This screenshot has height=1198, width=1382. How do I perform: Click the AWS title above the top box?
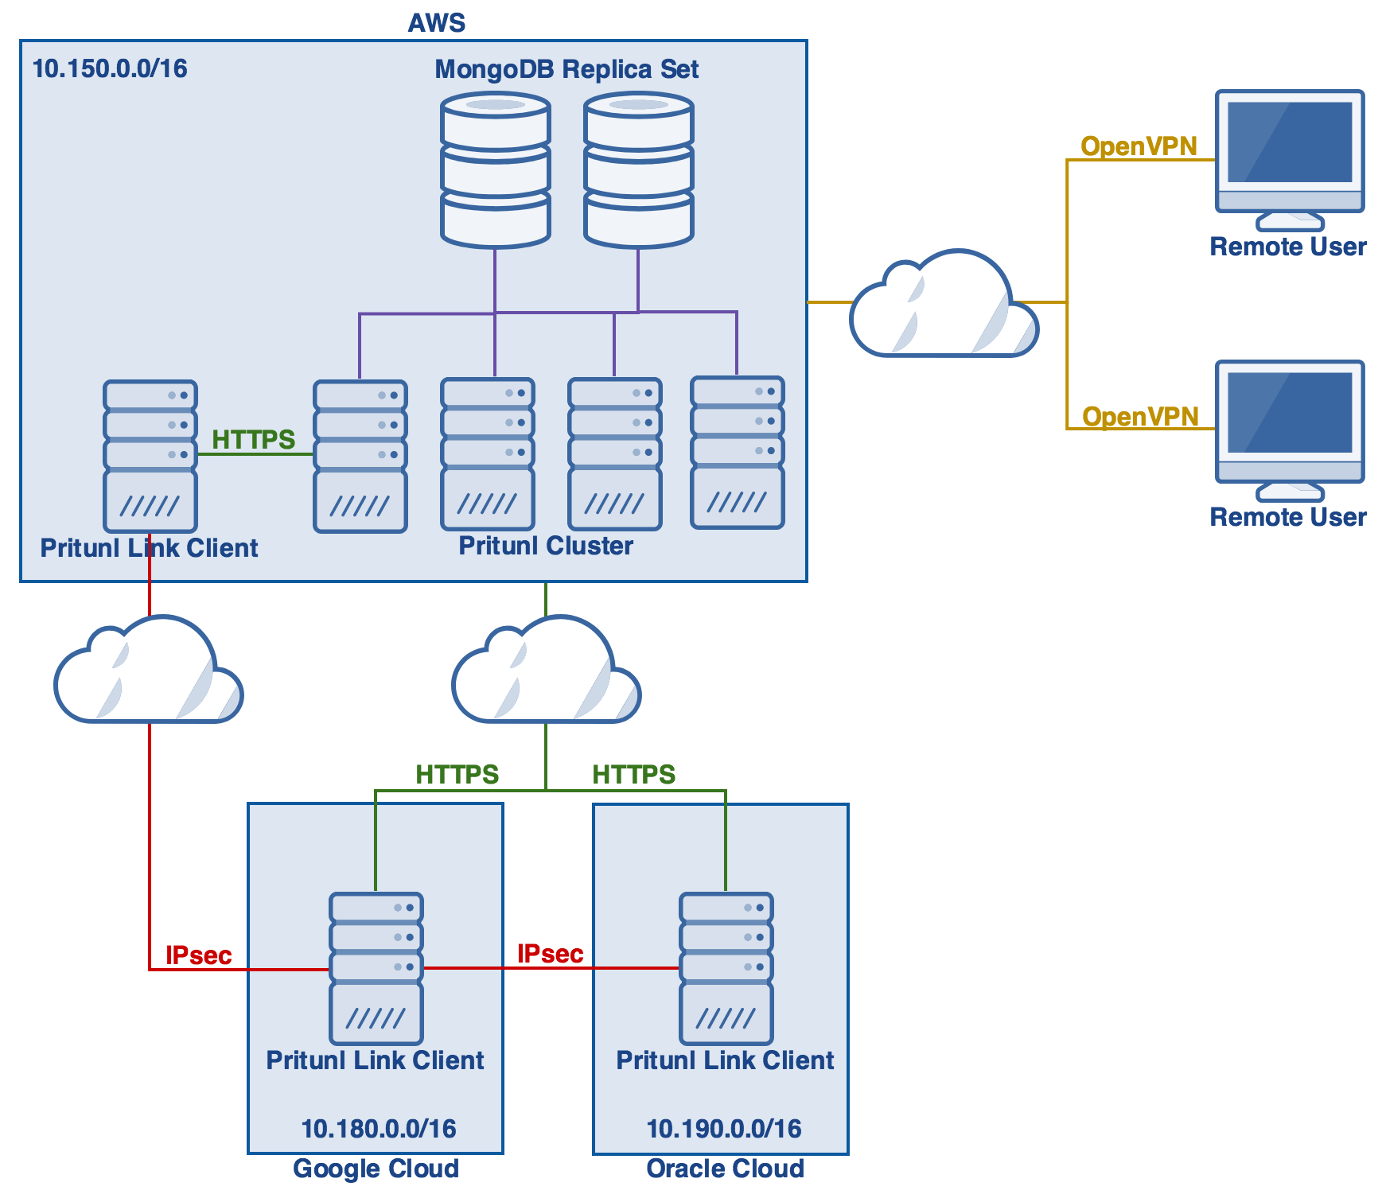pyautogui.click(x=436, y=22)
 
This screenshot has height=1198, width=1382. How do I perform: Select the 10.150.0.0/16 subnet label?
pyautogui.click(x=110, y=68)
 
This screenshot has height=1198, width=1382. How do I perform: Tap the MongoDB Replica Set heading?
pyautogui.click(x=566, y=69)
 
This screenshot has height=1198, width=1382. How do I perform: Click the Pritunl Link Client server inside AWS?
pyautogui.click(x=150, y=456)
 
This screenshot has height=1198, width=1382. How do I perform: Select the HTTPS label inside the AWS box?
pyautogui.click(x=253, y=439)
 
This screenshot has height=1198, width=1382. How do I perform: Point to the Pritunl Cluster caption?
pyautogui.click(x=546, y=546)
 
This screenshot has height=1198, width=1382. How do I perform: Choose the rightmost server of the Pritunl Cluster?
pyautogui.click(x=738, y=453)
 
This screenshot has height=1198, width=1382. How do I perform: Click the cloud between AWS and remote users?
pyautogui.click(x=943, y=306)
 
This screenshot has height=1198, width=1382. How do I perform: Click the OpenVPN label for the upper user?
pyautogui.click(x=1139, y=146)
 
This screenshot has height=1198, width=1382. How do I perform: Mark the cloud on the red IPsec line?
pyautogui.click(x=148, y=672)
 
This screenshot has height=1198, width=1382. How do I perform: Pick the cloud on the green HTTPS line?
pyautogui.click(x=546, y=672)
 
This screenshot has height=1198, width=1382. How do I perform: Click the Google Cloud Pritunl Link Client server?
pyautogui.click(x=376, y=968)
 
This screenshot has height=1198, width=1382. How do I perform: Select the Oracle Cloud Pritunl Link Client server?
pyautogui.click(x=726, y=968)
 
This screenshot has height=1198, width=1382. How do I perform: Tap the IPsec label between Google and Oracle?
pyautogui.click(x=550, y=954)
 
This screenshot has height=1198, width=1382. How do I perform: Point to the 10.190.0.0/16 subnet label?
pyautogui.click(x=723, y=1129)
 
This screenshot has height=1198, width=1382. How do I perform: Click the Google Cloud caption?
pyautogui.click(x=376, y=1169)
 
